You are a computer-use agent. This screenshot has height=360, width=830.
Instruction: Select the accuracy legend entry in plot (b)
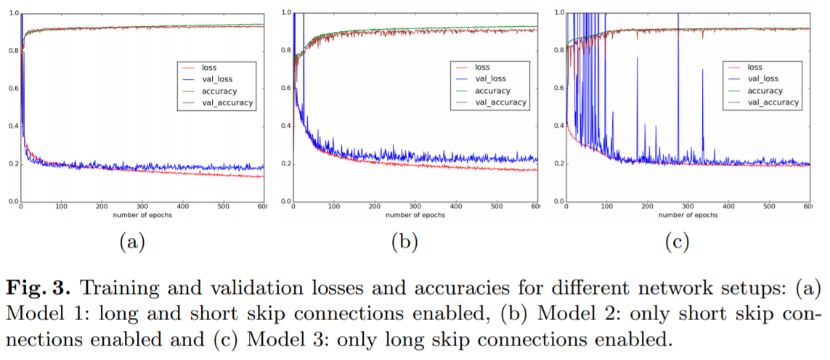(x=493, y=91)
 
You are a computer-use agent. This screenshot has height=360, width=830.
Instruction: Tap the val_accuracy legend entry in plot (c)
(x=773, y=102)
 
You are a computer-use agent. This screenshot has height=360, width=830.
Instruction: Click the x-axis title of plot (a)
(x=142, y=214)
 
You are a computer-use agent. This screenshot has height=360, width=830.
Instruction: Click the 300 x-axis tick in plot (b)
(x=415, y=207)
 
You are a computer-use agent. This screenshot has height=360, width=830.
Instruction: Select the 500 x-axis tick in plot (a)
(x=224, y=207)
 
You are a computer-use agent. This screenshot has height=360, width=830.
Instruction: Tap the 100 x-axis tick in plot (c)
(x=606, y=207)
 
